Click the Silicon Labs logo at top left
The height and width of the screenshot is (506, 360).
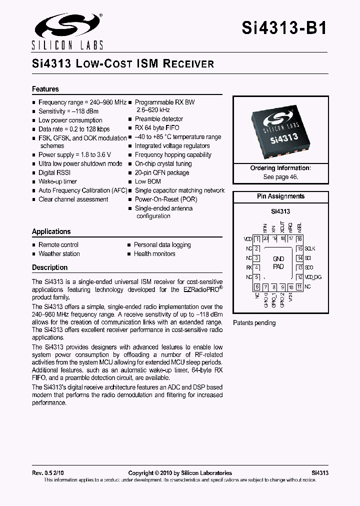67,30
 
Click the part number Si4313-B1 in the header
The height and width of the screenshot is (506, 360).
284,28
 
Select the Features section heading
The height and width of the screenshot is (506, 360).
45,89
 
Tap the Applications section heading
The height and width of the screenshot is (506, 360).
51,231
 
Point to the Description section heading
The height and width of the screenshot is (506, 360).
49,267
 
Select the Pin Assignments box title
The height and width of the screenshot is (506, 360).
280,196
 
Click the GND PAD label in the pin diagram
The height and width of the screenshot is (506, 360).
278,262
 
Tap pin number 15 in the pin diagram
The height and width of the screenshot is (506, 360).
299,248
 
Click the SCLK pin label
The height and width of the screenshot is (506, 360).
310,248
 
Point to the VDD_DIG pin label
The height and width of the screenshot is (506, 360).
314,277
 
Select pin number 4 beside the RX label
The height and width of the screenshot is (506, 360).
256,267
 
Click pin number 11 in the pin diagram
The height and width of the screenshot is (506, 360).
299,286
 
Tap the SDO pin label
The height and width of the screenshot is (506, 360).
308,267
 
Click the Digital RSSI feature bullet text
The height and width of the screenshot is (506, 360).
54,172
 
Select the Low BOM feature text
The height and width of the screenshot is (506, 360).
147,181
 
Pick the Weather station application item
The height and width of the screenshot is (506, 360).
59,253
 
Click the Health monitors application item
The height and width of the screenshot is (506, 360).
154,253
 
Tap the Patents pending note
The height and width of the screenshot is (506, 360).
254,323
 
